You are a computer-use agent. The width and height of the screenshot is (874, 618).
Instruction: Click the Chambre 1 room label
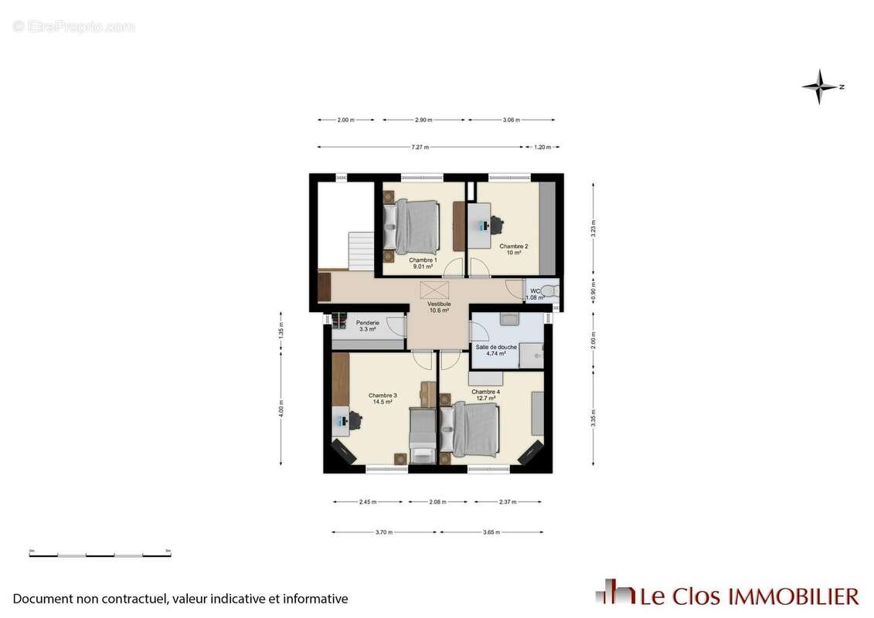[x=423, y=260]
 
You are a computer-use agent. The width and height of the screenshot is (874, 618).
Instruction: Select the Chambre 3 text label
[x=383, y=396]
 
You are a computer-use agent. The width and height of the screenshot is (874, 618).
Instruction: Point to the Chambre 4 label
[x=485, y=392]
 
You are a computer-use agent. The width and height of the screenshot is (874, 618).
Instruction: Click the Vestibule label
[x=439, y=304]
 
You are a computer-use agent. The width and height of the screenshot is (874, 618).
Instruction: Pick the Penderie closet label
[x=367, y=324]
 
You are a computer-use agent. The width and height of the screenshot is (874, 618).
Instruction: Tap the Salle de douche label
[x=496, y=347]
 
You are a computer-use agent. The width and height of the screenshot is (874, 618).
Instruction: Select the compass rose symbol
[x=820, y=87]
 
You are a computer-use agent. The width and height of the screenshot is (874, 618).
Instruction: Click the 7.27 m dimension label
[x=420, y=147]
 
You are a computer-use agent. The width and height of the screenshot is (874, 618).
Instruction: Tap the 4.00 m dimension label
[x=281, y=409]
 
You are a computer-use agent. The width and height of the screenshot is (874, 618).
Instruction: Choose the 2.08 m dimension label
[x=437, y=502]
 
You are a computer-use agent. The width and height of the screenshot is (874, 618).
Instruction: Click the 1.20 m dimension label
[x=542, y=147]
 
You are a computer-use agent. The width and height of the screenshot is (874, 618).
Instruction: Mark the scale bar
[x=100, y=554]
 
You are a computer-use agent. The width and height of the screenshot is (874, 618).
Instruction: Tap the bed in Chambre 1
[x=417, y=226]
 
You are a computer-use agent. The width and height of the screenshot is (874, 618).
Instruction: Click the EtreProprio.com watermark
[x=74, y=27]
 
